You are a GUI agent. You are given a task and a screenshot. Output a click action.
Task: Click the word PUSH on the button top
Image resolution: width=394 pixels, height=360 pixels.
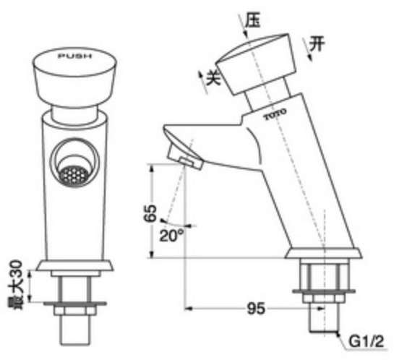pyautogui.click(x=74, y=56)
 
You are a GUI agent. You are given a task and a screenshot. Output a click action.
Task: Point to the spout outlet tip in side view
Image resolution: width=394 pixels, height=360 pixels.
pyautogui.click(x=183, y=159)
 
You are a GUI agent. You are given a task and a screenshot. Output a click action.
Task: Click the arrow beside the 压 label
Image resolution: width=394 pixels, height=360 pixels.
pyautogui.click(x=240, y=30)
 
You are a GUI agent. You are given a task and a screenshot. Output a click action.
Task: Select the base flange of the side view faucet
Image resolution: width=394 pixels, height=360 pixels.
pyautogui.click(x=323, y=253)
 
